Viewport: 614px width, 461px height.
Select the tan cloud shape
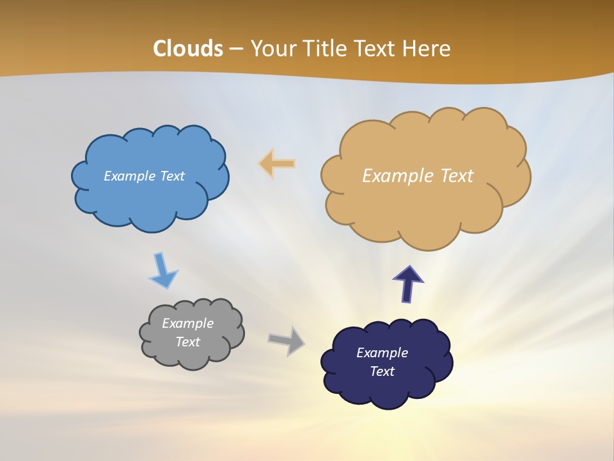point(422,205)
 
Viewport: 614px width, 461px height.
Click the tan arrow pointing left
point(277,164)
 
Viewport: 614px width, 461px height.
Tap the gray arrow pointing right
point(287,340)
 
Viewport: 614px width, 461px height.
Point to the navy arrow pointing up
point(408,284)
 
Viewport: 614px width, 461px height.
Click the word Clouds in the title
point(188,49)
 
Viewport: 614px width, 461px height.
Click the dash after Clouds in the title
point(236,49)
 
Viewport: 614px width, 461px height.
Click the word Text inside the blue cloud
point(172,176)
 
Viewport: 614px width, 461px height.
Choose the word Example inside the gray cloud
point(187,323)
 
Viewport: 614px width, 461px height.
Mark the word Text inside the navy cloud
point(382,371)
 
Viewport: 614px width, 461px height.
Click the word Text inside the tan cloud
point(457,175)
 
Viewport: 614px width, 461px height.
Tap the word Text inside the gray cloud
point(187,342)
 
